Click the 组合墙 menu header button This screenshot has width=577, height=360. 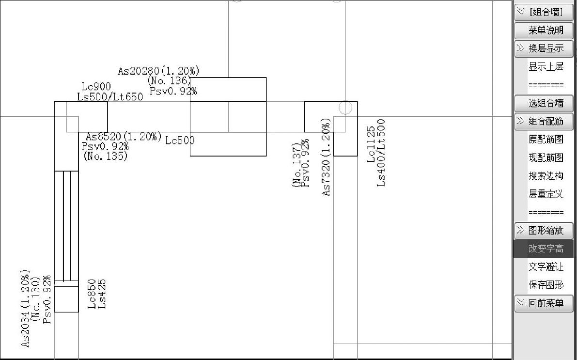[x=544, y=12]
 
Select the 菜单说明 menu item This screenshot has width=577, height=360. [x=546, y=30]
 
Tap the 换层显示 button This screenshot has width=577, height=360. [x=544, y=48]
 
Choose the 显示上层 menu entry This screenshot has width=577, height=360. [x=546, y=67]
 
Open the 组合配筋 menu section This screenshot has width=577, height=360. [x=544, y=121]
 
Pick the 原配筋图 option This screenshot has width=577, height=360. [x=546, y=140]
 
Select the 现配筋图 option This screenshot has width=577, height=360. [x=546, y=157]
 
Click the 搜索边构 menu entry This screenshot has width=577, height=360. [x=546, y=176]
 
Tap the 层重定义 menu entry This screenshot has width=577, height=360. [x=546, y=194]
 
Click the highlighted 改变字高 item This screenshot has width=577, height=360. [x=546, y=249]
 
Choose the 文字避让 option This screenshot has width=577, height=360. [x=546, y=267]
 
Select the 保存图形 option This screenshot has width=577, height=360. [x=546, y=285]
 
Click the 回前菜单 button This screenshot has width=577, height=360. [x=544, y=303]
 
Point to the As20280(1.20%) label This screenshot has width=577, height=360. [x=158, y=71]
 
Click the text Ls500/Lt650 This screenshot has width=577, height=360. [x=110, y=96]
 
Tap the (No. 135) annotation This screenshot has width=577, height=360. [x=105, y=156]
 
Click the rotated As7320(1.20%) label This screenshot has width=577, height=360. [x=327, y=157]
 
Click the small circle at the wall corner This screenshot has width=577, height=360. [x=345, y=108]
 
